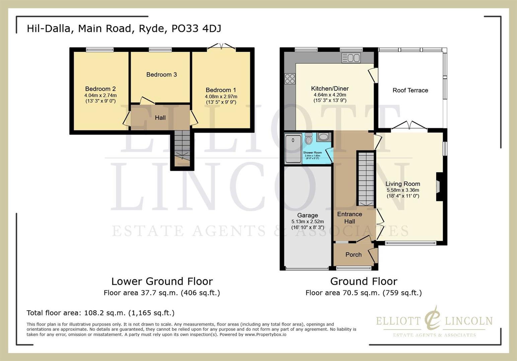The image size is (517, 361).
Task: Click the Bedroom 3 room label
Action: (x=161, y=75)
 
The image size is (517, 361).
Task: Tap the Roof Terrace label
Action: (x=410, y=90)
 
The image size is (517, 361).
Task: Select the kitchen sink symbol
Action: (x=351, y=58)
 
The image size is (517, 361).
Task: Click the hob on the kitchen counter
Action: (x=290, y=79)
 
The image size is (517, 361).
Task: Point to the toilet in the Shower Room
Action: (x=308, y=138)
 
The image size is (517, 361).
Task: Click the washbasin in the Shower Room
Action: (x=323, y=136)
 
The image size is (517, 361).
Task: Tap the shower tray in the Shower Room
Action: (x=293, y=148)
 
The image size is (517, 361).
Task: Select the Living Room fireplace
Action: (x=439, y=187)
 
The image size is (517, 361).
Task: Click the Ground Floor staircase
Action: (x=366, y=179)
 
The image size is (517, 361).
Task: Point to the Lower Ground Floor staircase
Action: (x=182, y=146)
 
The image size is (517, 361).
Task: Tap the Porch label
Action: (x=353, y=255)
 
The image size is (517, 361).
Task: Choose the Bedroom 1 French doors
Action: (x=221, y=47)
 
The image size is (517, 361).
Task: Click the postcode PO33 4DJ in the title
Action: (x=196, y=28)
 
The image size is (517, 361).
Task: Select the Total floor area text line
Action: (x=100, y=313)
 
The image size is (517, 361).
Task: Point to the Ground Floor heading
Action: (x=364, y=281)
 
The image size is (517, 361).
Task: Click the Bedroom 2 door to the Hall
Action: (x=127, y=119)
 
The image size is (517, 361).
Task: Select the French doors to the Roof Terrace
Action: (x=409, y=126)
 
